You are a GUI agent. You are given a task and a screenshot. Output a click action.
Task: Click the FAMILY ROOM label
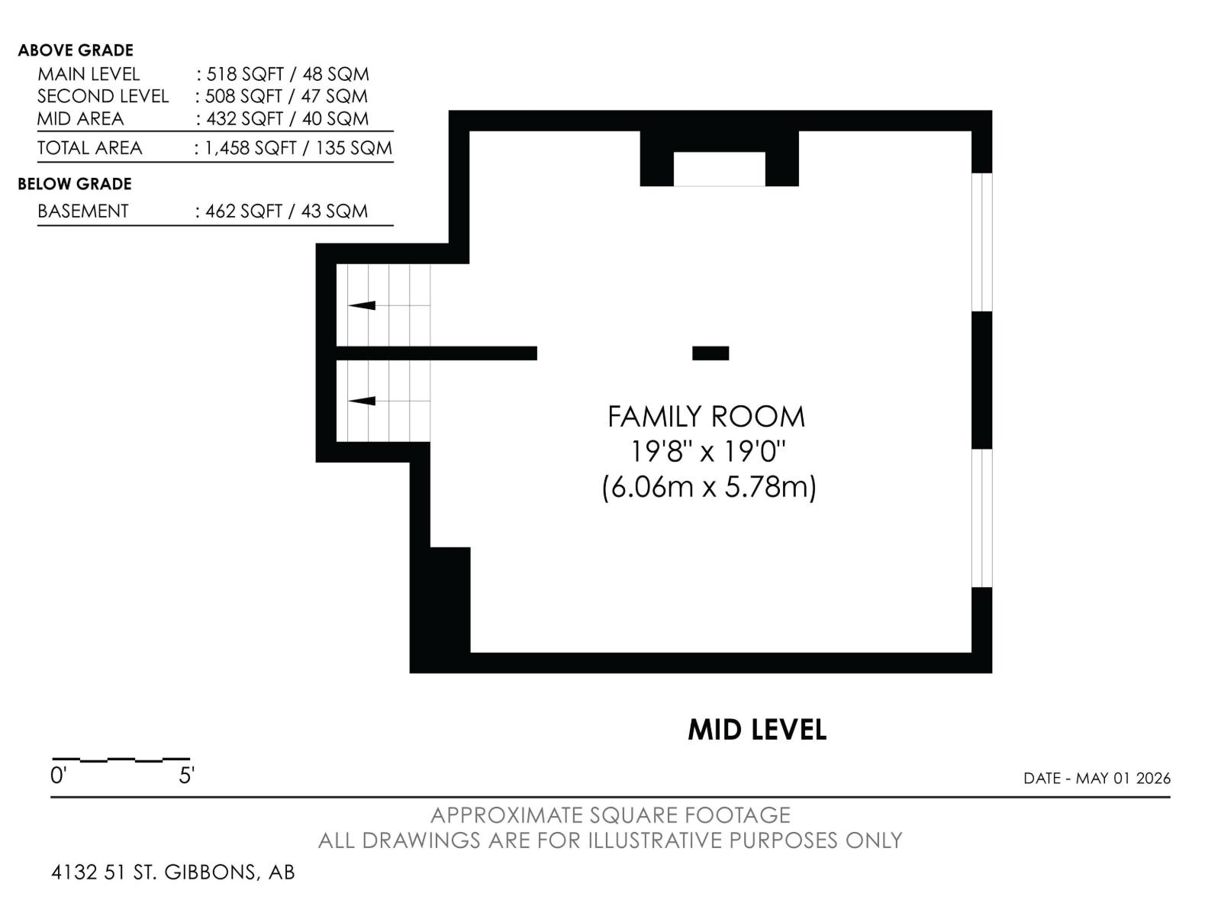tap(706, 417)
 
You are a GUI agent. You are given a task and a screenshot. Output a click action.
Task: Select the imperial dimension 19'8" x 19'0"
tap(707, 452)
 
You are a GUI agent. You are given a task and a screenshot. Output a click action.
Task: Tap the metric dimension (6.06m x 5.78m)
tap(709, 487)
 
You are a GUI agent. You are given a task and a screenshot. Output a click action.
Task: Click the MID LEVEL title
tap(757, 730)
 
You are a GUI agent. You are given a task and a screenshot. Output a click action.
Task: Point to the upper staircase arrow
tap(362, 305)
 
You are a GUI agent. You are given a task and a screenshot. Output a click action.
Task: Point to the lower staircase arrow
tap(362, 401)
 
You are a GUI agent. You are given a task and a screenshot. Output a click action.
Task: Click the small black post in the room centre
tap(710, 353)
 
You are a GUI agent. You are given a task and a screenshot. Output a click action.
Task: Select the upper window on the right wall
tap(982, 242)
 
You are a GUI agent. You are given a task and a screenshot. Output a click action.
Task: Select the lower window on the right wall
tap(982, 518)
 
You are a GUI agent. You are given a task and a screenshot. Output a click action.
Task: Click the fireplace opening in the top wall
tap(720, 169)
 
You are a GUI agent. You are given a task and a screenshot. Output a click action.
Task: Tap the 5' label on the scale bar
tap(186, 776)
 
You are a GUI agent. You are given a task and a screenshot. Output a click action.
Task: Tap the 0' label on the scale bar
tap(58, 776)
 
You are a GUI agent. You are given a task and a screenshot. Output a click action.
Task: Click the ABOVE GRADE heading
tap(76, 50)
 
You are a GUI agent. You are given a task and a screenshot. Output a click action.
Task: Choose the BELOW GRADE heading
tap(75, 184)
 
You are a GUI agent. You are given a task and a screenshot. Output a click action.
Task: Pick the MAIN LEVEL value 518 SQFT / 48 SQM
tap(288, 74)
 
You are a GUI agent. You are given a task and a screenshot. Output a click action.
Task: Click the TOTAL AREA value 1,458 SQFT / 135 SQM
tap(298, 148)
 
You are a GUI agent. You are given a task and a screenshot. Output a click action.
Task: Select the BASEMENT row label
tap(83, 211)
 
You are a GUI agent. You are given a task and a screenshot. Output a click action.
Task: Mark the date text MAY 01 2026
tap(1123, 778)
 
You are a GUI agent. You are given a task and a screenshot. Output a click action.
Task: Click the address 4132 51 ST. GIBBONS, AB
tap(173, 872)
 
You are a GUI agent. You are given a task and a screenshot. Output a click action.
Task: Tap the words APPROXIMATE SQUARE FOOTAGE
tap(610, 815)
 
